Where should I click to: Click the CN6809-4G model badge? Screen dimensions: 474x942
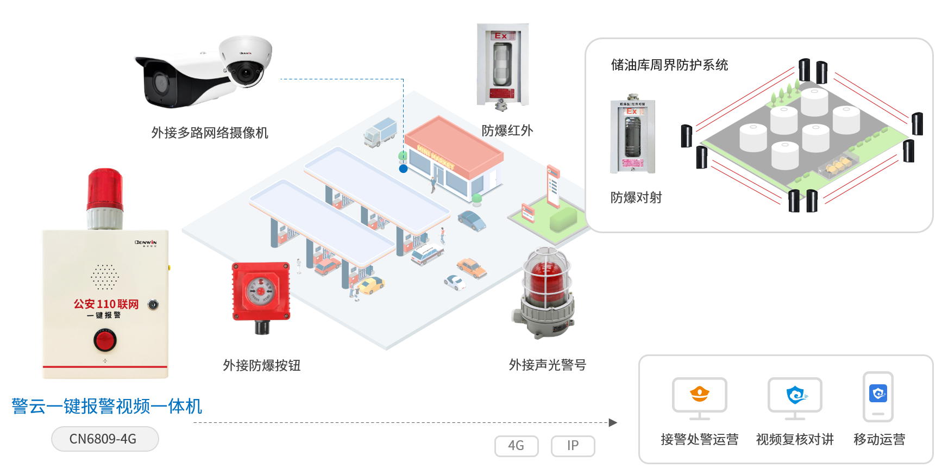click(x=105, y=439)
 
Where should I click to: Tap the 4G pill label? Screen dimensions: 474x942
click(x=516, y=446)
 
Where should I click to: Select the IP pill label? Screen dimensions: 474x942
click(x=573, y=446)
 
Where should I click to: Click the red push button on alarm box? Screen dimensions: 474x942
click(x=105, y=341)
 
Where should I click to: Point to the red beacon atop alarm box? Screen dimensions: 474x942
click(x=105, y=190)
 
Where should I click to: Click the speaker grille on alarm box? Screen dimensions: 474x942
click(x=104, y=277)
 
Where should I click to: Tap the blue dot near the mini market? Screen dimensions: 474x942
click(x=403, y=169)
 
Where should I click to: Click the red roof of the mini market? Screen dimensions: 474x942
click(x=454, y=144)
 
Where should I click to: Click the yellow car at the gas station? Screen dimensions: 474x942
click(x=371, y=285)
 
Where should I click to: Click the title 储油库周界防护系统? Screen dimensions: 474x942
click(x=669, y=65)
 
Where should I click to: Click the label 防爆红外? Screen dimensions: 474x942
click(x=507, y=130)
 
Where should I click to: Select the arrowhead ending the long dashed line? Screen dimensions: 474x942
click(x=613, y=422)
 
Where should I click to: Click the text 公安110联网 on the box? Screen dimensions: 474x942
click(x=106, y=304)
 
